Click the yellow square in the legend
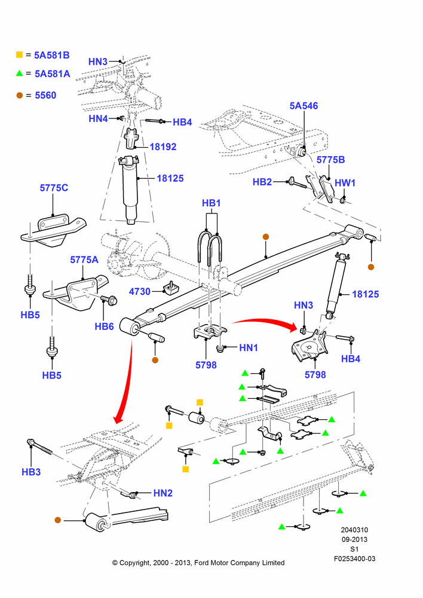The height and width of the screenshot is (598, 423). (20, 55)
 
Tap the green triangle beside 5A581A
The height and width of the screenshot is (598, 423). (20, 73)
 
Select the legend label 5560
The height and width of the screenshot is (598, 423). (45, 95)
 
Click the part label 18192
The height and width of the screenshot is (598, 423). (163, 147)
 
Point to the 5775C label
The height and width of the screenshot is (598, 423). (54, 188)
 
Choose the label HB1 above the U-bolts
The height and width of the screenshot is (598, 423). (211, 203)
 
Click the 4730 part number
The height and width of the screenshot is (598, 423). (139, 292)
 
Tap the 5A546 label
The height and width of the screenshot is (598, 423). (304, 106)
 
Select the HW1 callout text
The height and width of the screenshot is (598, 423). (345, 183)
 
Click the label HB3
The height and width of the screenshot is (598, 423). (31, 472)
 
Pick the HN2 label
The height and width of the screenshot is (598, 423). (163, 493)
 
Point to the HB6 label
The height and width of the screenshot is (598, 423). (104, 327)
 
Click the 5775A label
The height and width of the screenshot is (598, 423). (84, 260)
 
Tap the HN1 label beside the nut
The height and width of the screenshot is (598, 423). (249, 348)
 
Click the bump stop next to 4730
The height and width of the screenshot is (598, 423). (171, 288)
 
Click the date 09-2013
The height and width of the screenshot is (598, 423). (354, 539)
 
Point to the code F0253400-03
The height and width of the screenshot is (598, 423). (355, 559)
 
